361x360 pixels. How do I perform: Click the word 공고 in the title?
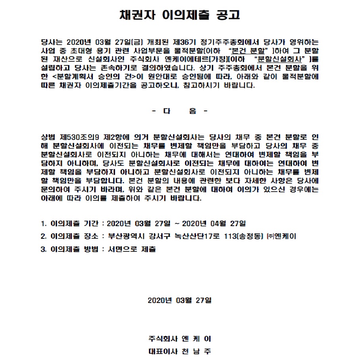[227, 15]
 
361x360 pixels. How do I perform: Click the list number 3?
[43, 249]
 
